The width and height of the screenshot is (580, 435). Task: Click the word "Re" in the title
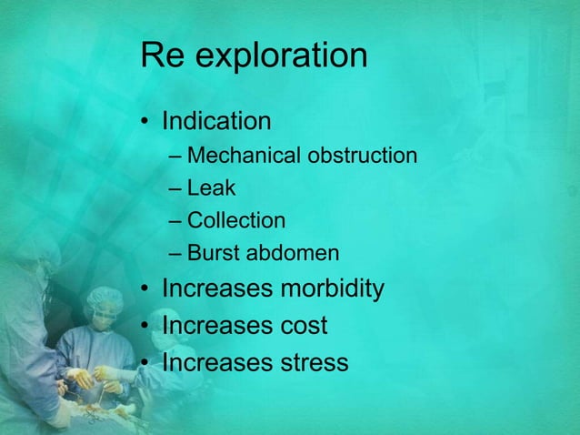(162, 56)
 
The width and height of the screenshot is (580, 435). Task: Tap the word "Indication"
(216, 121)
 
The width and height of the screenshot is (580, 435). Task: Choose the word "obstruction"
(362, 156)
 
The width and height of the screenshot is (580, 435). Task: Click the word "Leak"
(211, 188)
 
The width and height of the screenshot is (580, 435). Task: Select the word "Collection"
(235, 220)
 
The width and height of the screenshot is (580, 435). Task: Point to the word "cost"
(304, 326)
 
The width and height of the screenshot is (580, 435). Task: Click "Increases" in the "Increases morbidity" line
(216, 289)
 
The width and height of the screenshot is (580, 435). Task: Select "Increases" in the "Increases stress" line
(216, 362)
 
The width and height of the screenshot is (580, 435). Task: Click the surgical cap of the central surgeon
(103, 298)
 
